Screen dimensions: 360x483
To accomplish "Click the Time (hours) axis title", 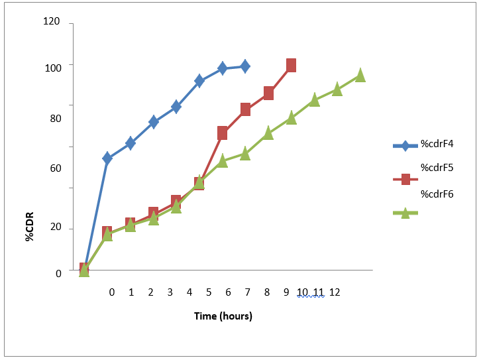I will pyautogui.click(x=223, y=316).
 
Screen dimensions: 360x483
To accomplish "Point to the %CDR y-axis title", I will pyautogui.click(x=30, y=226).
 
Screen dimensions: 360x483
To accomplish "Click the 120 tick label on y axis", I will pyautogui.click(x=52, y=22).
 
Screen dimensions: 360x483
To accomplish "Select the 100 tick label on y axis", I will pyautogui.click(x=54, y=67).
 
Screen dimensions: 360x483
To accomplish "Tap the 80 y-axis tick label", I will pyautogui.click(x=56, y=119).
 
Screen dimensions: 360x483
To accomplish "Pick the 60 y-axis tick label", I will pyautogui.click(x=56, y=168).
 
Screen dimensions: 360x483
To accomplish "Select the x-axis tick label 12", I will pyautogui.click(x=335, y=292).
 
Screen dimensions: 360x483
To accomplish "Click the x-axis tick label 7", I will pyautogui.click(x=247, y=292).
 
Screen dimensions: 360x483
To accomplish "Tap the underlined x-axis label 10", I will pyautogui.click(x=303, y=292).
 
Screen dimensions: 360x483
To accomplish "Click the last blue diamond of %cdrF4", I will pyautogui.click(x=245, y=66).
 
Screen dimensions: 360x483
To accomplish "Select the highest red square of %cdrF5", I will pyautogui.click(x=291, y=65).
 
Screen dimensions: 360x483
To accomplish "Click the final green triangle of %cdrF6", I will pyautogui.click(x=360, y=76).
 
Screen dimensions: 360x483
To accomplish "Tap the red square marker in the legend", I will pyautogui.click(x=405, y=178).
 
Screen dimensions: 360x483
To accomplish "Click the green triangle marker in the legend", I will pyautogui.click(x=405, y=213).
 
